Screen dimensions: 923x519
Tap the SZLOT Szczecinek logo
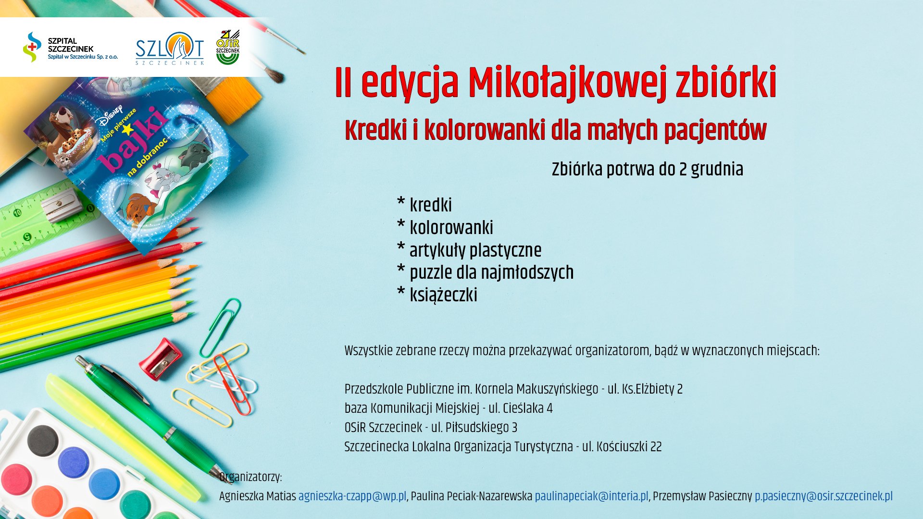point(170,49)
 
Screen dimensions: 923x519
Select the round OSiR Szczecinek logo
point(228,47)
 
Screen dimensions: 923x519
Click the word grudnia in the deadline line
point(717,170)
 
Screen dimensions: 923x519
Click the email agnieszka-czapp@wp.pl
point(352,496)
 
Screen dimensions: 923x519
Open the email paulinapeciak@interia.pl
point(592,496)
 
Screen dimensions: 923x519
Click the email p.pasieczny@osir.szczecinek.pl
point(823,496)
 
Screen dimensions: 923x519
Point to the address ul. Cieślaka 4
point(521,408)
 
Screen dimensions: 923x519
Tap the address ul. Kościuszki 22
point(622,447)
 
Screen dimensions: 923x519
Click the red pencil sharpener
point(161,358)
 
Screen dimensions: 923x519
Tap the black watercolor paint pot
point(43,441)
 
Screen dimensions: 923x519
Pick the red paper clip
point(233,385)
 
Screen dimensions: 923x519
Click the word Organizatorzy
point(250,477)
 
